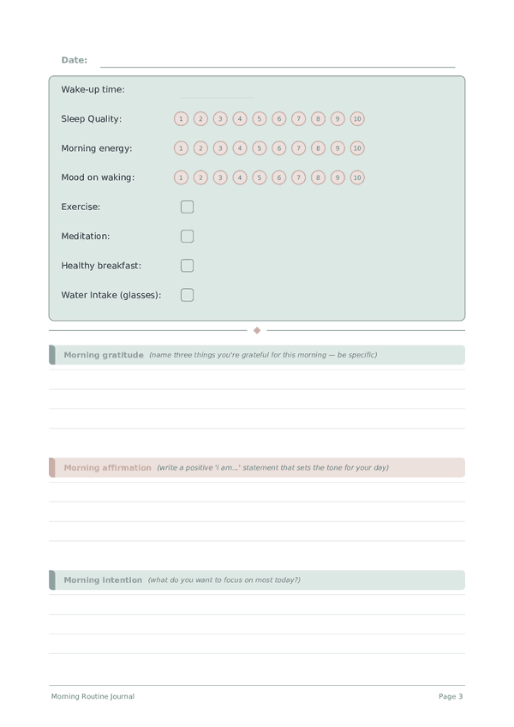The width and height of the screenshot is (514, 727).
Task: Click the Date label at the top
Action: (x=75, y=60)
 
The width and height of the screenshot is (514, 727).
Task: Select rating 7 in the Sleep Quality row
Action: (x=298, y=119)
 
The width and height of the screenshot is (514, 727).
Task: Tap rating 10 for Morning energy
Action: (x=357, y=148)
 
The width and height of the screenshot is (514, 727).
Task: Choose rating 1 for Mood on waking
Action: (x=181, y=177)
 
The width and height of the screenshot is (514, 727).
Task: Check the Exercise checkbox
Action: (x=187, y=207)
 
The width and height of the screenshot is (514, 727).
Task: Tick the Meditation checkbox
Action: (x=187, y=236)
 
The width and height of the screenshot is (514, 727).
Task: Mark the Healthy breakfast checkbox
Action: (x=187, y=266)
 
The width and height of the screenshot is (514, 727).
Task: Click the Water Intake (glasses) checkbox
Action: (x=187, y=295)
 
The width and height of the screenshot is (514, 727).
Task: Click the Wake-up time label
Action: (x=93, y=89)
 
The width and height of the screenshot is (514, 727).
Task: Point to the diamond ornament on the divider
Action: (x=257, y=330)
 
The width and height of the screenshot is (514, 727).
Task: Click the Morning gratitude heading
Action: (x=104, y=355)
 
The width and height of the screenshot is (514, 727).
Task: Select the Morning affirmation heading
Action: (x=107, y=468)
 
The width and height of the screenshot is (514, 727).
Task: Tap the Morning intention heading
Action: (x=103, y=580)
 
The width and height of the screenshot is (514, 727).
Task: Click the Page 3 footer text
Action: (x=451, y=697)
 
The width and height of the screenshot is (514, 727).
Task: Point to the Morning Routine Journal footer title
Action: (x=93, y=697)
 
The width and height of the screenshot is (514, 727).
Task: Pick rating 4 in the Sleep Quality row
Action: (x=240, y=119)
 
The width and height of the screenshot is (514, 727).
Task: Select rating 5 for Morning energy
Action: (x=260, y=148)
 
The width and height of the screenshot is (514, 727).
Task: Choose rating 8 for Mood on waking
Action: (x=318, y=177)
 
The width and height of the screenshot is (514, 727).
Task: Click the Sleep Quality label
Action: (x=92, y=119)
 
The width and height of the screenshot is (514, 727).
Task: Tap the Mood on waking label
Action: (x=98, y=177)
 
